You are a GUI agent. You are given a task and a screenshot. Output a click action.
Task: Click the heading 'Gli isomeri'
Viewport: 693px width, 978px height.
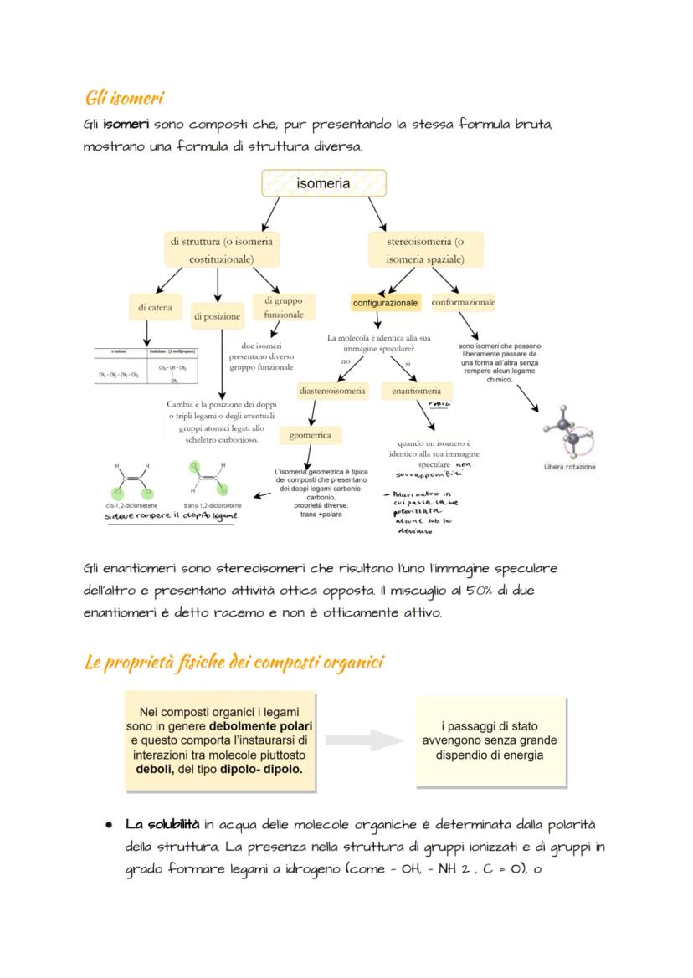[x=123, y=98]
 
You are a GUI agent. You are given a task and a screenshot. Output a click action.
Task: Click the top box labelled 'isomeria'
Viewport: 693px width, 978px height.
[x=323, y=183]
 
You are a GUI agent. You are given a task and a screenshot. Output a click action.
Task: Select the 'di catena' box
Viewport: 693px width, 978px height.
[x=155, y=308]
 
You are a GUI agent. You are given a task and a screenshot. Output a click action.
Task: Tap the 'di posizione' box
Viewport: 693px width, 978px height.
[x=218, y=316]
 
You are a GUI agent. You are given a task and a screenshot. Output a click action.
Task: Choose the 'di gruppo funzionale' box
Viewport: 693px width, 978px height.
[x=284, y=307]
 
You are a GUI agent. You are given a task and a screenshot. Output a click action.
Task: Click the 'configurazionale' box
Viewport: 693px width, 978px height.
[x=385, y=303]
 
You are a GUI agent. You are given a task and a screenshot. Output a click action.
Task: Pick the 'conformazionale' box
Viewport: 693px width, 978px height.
[x=463, y=302]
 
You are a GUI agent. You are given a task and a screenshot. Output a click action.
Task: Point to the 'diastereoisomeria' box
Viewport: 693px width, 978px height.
[x=332, y=391]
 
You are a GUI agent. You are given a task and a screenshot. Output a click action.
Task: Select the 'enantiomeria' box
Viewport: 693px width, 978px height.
[x=416, y=391]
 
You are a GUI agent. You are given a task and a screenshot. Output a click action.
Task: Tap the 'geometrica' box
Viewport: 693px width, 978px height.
[x=311, y=435]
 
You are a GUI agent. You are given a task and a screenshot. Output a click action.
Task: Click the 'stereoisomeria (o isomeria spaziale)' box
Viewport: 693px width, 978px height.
[x=425, y=249]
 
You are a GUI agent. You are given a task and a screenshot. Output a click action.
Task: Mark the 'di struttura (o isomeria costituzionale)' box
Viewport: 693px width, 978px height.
[x=221, y=249]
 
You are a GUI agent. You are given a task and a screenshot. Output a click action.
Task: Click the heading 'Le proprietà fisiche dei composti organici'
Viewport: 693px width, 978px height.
[x=234, y=663]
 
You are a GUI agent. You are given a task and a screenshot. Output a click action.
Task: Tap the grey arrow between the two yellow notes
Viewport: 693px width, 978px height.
[x=366, y=740]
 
